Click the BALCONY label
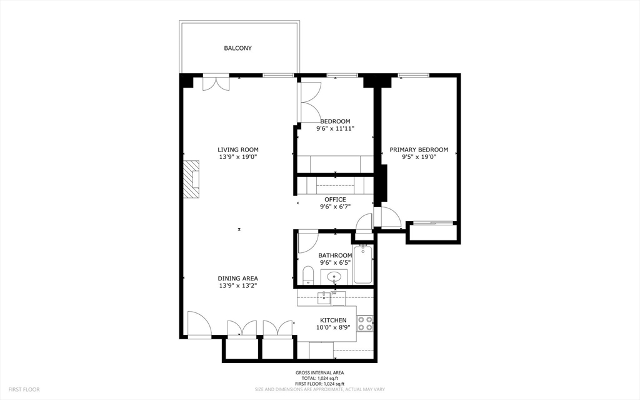(x=237, y=48)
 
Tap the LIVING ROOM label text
(x=237, y=150)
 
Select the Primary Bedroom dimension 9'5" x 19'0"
(x=419, y=158)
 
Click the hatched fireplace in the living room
(x=191, y=179)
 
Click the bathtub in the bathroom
(x=362, y=264)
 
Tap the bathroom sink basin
(x=334, y=276)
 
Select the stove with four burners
(x=365, y=323)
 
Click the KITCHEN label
(x=333, y=320)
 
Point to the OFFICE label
(x=335, y=200)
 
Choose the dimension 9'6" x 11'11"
(x=335, y=129)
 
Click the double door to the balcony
(x=216, y=83)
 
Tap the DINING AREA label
(x=237, y=279)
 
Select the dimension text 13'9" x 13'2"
(x=237, y=286)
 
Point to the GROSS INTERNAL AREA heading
(x=319, y=373)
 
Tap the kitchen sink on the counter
(x=323, y=298)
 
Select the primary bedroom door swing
(x=389, y=217)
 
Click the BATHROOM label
(x=335, y=255)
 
